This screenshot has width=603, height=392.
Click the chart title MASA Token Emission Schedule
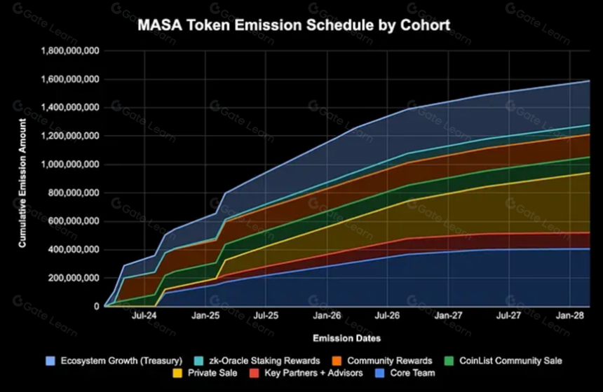coord(294,25)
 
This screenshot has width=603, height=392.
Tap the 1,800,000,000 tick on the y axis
coord(70,51)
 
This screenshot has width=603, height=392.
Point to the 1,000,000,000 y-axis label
coord(70,164)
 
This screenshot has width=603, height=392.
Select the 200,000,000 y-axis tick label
coord(74,278)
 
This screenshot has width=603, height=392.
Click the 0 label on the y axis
coord(96,307)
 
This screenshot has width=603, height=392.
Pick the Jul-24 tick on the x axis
coord(144,316)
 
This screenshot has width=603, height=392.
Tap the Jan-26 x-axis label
coord(327,316)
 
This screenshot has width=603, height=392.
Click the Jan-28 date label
coord(570,316)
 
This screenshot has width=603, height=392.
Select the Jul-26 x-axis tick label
coord(387,316)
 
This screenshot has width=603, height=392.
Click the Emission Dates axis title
coord(347,338)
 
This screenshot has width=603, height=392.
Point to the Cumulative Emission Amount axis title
coord(22,183)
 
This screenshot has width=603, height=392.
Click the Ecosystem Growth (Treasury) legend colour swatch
coord(50,361)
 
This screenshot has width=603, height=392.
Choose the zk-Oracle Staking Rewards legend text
coord(264,361)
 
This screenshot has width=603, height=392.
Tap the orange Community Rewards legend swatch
coord(337,361)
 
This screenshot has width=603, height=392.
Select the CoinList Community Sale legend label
coord(510,361)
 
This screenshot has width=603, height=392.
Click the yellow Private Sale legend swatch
coord(177,373)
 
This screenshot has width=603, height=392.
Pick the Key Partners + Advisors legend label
coord(313,373)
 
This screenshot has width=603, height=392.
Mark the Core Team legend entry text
coord(413,373)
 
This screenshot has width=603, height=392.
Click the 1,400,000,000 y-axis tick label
coord(70,108)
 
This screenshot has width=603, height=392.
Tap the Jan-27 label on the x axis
coord(449,316)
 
